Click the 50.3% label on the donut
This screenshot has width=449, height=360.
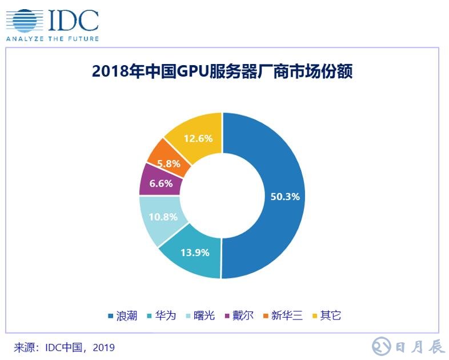point(284,197)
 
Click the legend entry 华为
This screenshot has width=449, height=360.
point(165,315)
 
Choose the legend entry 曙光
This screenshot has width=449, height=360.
point(204,315)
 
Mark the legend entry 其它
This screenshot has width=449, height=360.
point(331,315)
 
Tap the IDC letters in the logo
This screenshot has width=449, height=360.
point(73,21)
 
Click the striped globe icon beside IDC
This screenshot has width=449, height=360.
point(23,21)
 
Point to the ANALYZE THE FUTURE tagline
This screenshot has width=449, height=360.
point(52,39)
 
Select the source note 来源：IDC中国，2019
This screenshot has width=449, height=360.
point(65,347)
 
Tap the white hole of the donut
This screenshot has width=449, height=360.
point(222,195)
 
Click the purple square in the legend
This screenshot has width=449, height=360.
point(227,315)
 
